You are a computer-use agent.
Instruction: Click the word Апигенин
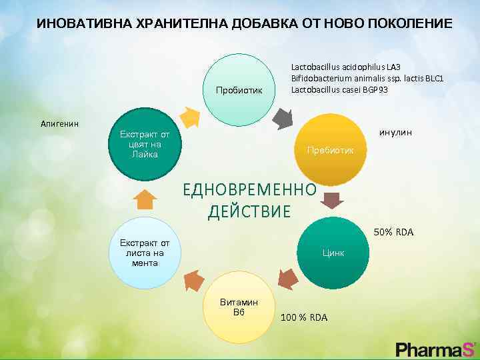(59, 124)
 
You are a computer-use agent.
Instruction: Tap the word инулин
(395, 133)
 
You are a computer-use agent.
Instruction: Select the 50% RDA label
(393, 233)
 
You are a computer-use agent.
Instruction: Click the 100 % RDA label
(304, 317)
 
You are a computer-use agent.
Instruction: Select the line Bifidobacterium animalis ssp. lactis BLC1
(367, 79)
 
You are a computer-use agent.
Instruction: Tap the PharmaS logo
(435, 348)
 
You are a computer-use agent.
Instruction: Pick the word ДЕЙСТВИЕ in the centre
(249, 212)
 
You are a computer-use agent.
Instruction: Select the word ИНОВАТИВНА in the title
(75, 24)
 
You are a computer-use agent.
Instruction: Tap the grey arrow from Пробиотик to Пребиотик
(283, 119)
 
